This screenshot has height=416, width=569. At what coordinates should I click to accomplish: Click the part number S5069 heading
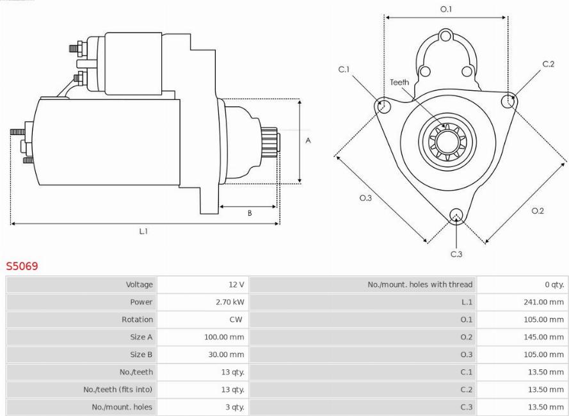(x=22, y=266)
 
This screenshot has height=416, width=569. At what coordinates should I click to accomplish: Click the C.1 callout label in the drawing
(x=344, y=69)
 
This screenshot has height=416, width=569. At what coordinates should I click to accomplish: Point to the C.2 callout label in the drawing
(x=548, y=64)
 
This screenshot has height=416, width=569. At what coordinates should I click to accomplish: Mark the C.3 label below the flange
(x=456, y=254)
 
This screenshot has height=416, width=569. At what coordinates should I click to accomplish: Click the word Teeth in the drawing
(x=399, y=83)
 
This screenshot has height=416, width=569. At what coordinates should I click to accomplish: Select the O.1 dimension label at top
(x=446, y=10)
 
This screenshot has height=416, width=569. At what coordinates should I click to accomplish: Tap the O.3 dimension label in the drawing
(x=365, y=198)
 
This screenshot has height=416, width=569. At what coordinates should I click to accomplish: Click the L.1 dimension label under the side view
(x=144, y=231)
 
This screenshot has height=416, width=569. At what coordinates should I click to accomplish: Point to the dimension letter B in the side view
(x=250, y=213)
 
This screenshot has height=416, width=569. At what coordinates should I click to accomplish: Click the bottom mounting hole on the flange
(x=456, y=214)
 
